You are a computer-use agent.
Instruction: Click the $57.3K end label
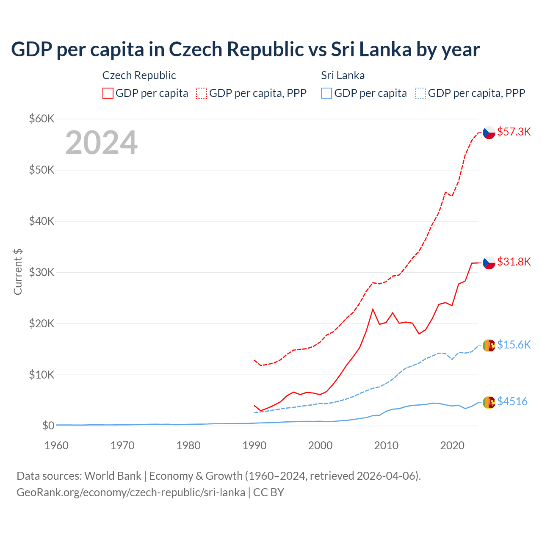click(514, 132)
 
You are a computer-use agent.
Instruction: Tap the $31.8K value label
click(514, 262)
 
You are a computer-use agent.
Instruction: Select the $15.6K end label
click(514, 345)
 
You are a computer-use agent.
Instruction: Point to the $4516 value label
click(512, 401)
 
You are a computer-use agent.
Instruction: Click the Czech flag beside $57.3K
click(489, 133)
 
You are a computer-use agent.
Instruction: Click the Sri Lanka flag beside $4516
click(489, 402)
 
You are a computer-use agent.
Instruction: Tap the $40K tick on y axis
click(41, 221)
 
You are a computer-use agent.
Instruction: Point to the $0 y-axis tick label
click(48, 426)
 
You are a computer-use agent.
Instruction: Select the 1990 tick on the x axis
click(254, 445)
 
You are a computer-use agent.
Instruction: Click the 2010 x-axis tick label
click(386, 445)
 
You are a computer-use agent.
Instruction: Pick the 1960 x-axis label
click(56, 445)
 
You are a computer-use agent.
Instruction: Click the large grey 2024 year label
click(101, 143)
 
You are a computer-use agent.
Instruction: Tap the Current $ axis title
click(18, 272)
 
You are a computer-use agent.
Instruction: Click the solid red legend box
click(108, 93)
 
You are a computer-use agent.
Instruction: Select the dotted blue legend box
click(420, 93)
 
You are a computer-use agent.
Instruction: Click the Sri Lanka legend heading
click(343, 75)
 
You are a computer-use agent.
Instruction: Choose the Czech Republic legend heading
click(139, 75)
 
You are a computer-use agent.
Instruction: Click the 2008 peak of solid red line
click(373, 309)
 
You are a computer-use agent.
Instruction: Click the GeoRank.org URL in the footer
click(131, 492)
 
